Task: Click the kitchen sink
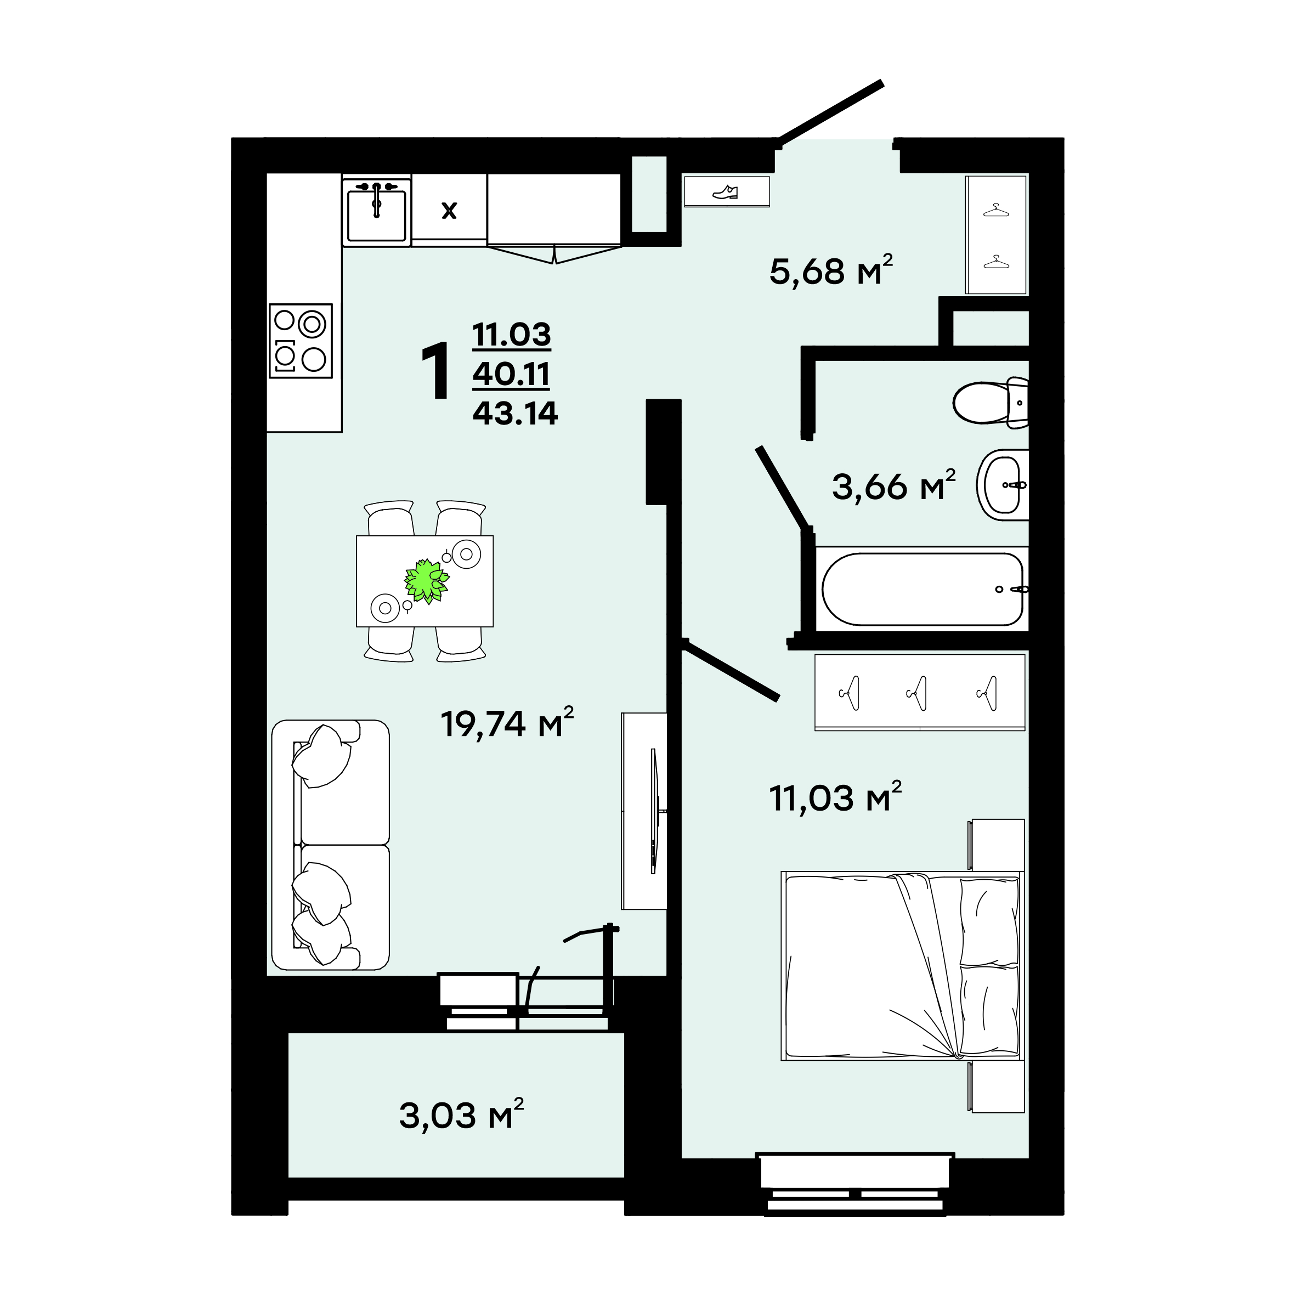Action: pyautogui.click(x=376, y=212)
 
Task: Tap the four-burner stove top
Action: pyautogui.click(x=301, y=341)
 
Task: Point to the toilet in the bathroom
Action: pyautogui.click(x=991, y=403)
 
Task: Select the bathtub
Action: pyautogui.click(x=923, y=590)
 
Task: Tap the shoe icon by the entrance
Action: pyautogui.click(x=725, y=193)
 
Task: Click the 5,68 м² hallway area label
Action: pyautogui.click(x=831, y=270)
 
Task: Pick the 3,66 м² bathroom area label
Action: pyautogui.click(x=893, y=486)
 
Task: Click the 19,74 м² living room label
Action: pyautogui.click(x=507, y=722)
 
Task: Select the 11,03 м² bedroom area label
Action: pyautogui.click(x=835, y=797)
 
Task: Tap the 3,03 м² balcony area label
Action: pyautogui.click(x=461, y=1116)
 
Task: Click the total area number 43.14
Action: pyautogui.click(x=515, y=413)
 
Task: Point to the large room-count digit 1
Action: pyautogui.click(x=436, y=371)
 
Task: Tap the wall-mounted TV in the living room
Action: pyautogui.click(x=654, y=811)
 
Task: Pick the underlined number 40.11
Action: pyautogui.click(x=511, y=373)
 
